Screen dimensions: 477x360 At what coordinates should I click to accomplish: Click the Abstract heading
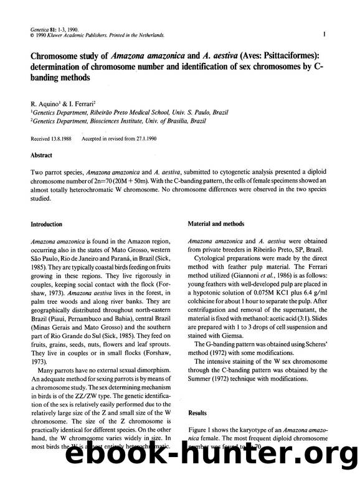point(42,155)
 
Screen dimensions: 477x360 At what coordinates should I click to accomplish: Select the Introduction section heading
point(47,224)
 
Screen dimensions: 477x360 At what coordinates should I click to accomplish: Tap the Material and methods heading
point(216,224)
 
